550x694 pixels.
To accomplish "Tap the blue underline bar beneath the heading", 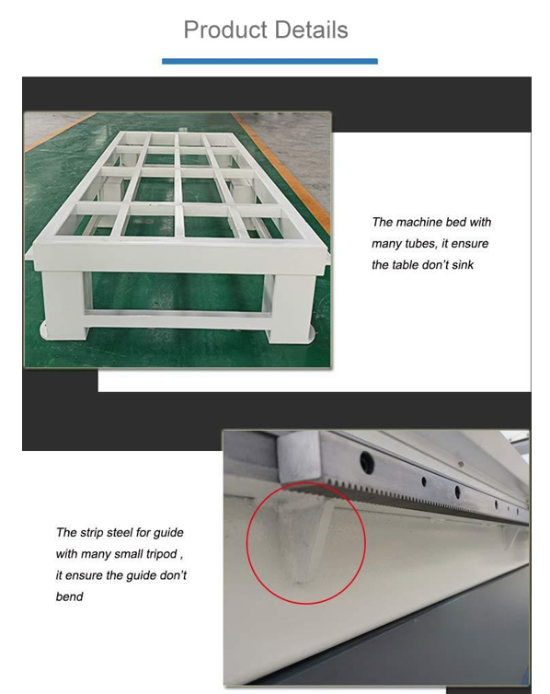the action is point(269,61).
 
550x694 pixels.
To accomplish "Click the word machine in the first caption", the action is point(418,222).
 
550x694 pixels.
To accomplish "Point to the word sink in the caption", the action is point(463,265).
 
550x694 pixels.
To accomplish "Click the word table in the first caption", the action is point(403,265).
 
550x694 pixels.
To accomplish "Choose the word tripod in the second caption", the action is point(161,554).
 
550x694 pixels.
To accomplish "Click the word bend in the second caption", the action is point(69,596).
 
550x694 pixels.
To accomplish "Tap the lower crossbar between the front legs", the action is point(177,319).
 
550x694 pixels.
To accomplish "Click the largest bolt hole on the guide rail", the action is point(367,462).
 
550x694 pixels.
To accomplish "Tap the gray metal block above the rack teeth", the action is point(298,457).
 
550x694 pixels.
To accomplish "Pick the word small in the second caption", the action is point(128,554).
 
